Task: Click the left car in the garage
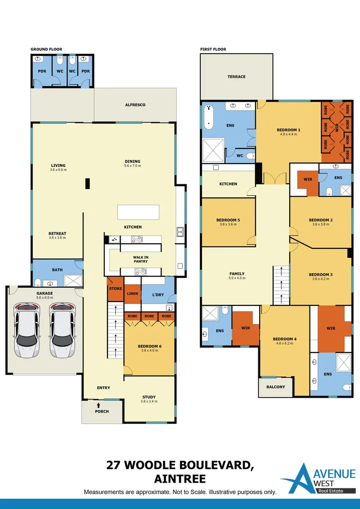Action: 26,330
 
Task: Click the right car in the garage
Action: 62,330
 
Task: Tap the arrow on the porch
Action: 98,405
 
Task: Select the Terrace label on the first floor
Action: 237,77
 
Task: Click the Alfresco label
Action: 135,105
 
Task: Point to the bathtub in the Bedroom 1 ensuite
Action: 209,116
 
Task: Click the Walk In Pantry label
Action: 140,259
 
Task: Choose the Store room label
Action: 115,288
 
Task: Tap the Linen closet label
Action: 132,294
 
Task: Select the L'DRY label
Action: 158,295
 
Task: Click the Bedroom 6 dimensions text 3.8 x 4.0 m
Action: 149,351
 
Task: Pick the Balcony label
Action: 276,387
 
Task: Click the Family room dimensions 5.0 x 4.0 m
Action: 237,278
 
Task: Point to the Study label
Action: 149,397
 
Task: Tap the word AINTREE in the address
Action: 180,479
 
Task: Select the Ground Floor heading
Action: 47,49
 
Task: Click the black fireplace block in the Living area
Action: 87,183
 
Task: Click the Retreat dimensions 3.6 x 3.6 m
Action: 57,238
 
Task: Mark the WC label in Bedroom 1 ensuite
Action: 239,156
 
